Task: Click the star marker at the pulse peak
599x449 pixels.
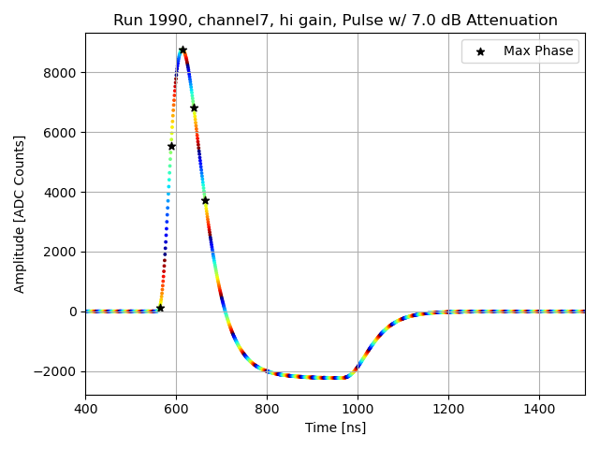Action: [183, 50]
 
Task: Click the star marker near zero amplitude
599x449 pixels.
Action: [160, 308]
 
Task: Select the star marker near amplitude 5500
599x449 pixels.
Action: [171, 146]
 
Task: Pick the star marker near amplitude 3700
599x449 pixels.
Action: [205, 200]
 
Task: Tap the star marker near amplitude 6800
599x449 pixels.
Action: [194, 108]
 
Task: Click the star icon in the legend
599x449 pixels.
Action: [480, 51]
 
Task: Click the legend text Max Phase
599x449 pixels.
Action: [538, 51]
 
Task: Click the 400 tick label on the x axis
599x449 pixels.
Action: [85, 409]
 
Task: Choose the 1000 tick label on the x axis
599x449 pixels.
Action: [358, 409]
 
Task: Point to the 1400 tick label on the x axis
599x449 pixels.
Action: [539, 409]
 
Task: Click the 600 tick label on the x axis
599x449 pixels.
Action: [176, 409]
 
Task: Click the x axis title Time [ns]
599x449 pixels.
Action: [335, 427]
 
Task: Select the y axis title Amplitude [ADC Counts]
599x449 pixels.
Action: [20, 214]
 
